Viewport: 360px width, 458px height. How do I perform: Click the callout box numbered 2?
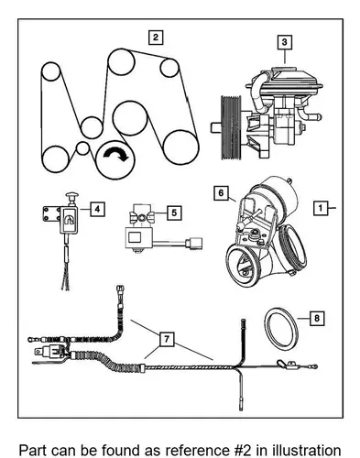(x=156, y=38)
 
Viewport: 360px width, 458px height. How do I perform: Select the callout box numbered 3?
(x=285, y=42)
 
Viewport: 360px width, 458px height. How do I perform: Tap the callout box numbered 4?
(x=97, y=209)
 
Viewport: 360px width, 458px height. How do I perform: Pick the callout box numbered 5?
(x=174, y=213)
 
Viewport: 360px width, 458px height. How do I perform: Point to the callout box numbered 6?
(x=221, y=193)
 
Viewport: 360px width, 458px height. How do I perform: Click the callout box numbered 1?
(x=321, y=208)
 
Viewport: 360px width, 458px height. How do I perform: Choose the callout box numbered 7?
(x=167, y=339)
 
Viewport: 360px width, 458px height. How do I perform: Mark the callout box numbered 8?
(x=317, y=319)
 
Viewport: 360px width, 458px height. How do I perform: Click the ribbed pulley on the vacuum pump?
(x=231, y=127)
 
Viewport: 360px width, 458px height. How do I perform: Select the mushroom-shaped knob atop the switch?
(x=72, y=195)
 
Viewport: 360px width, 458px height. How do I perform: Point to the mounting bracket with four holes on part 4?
(x=51, y=213)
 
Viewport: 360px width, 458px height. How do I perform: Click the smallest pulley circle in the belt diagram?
(x=82, y=148)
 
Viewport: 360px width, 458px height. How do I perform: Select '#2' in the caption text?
(x=241, y=451)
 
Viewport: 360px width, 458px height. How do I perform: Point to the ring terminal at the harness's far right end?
(x=314, y=366)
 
